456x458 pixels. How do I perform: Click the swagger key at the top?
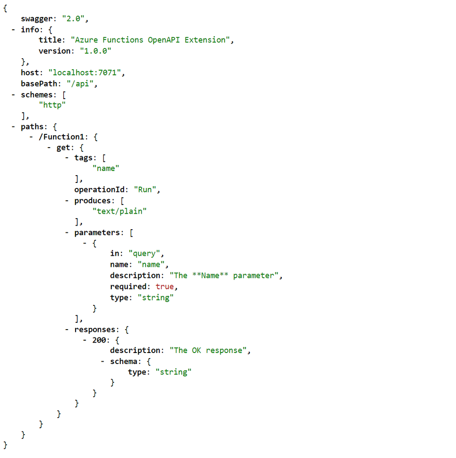[x=37, y=19]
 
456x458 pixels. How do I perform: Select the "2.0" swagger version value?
[x=73, y=19]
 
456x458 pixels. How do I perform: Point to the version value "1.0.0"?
[x=95, y=51]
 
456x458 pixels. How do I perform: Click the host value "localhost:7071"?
[x=85, y=72]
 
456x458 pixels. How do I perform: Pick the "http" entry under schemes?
[x=52, y=105]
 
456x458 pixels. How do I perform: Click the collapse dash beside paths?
[x=13, y=127]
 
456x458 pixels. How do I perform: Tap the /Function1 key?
[x=61, y=137]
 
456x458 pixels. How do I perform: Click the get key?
[x=63, y=148]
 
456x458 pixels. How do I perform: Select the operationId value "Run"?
[x=145, y=189]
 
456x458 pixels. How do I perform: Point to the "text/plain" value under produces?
[x=120, y=211]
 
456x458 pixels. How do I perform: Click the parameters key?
[x=97, y=233]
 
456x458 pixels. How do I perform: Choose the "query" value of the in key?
[x=144, y=254]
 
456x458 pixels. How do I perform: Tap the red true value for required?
[x=165, y=287]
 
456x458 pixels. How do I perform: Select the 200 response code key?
[x=99, y=340]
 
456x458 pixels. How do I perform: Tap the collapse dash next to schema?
[x=103, y=362]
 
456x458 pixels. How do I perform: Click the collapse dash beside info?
[x=13, y=30]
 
